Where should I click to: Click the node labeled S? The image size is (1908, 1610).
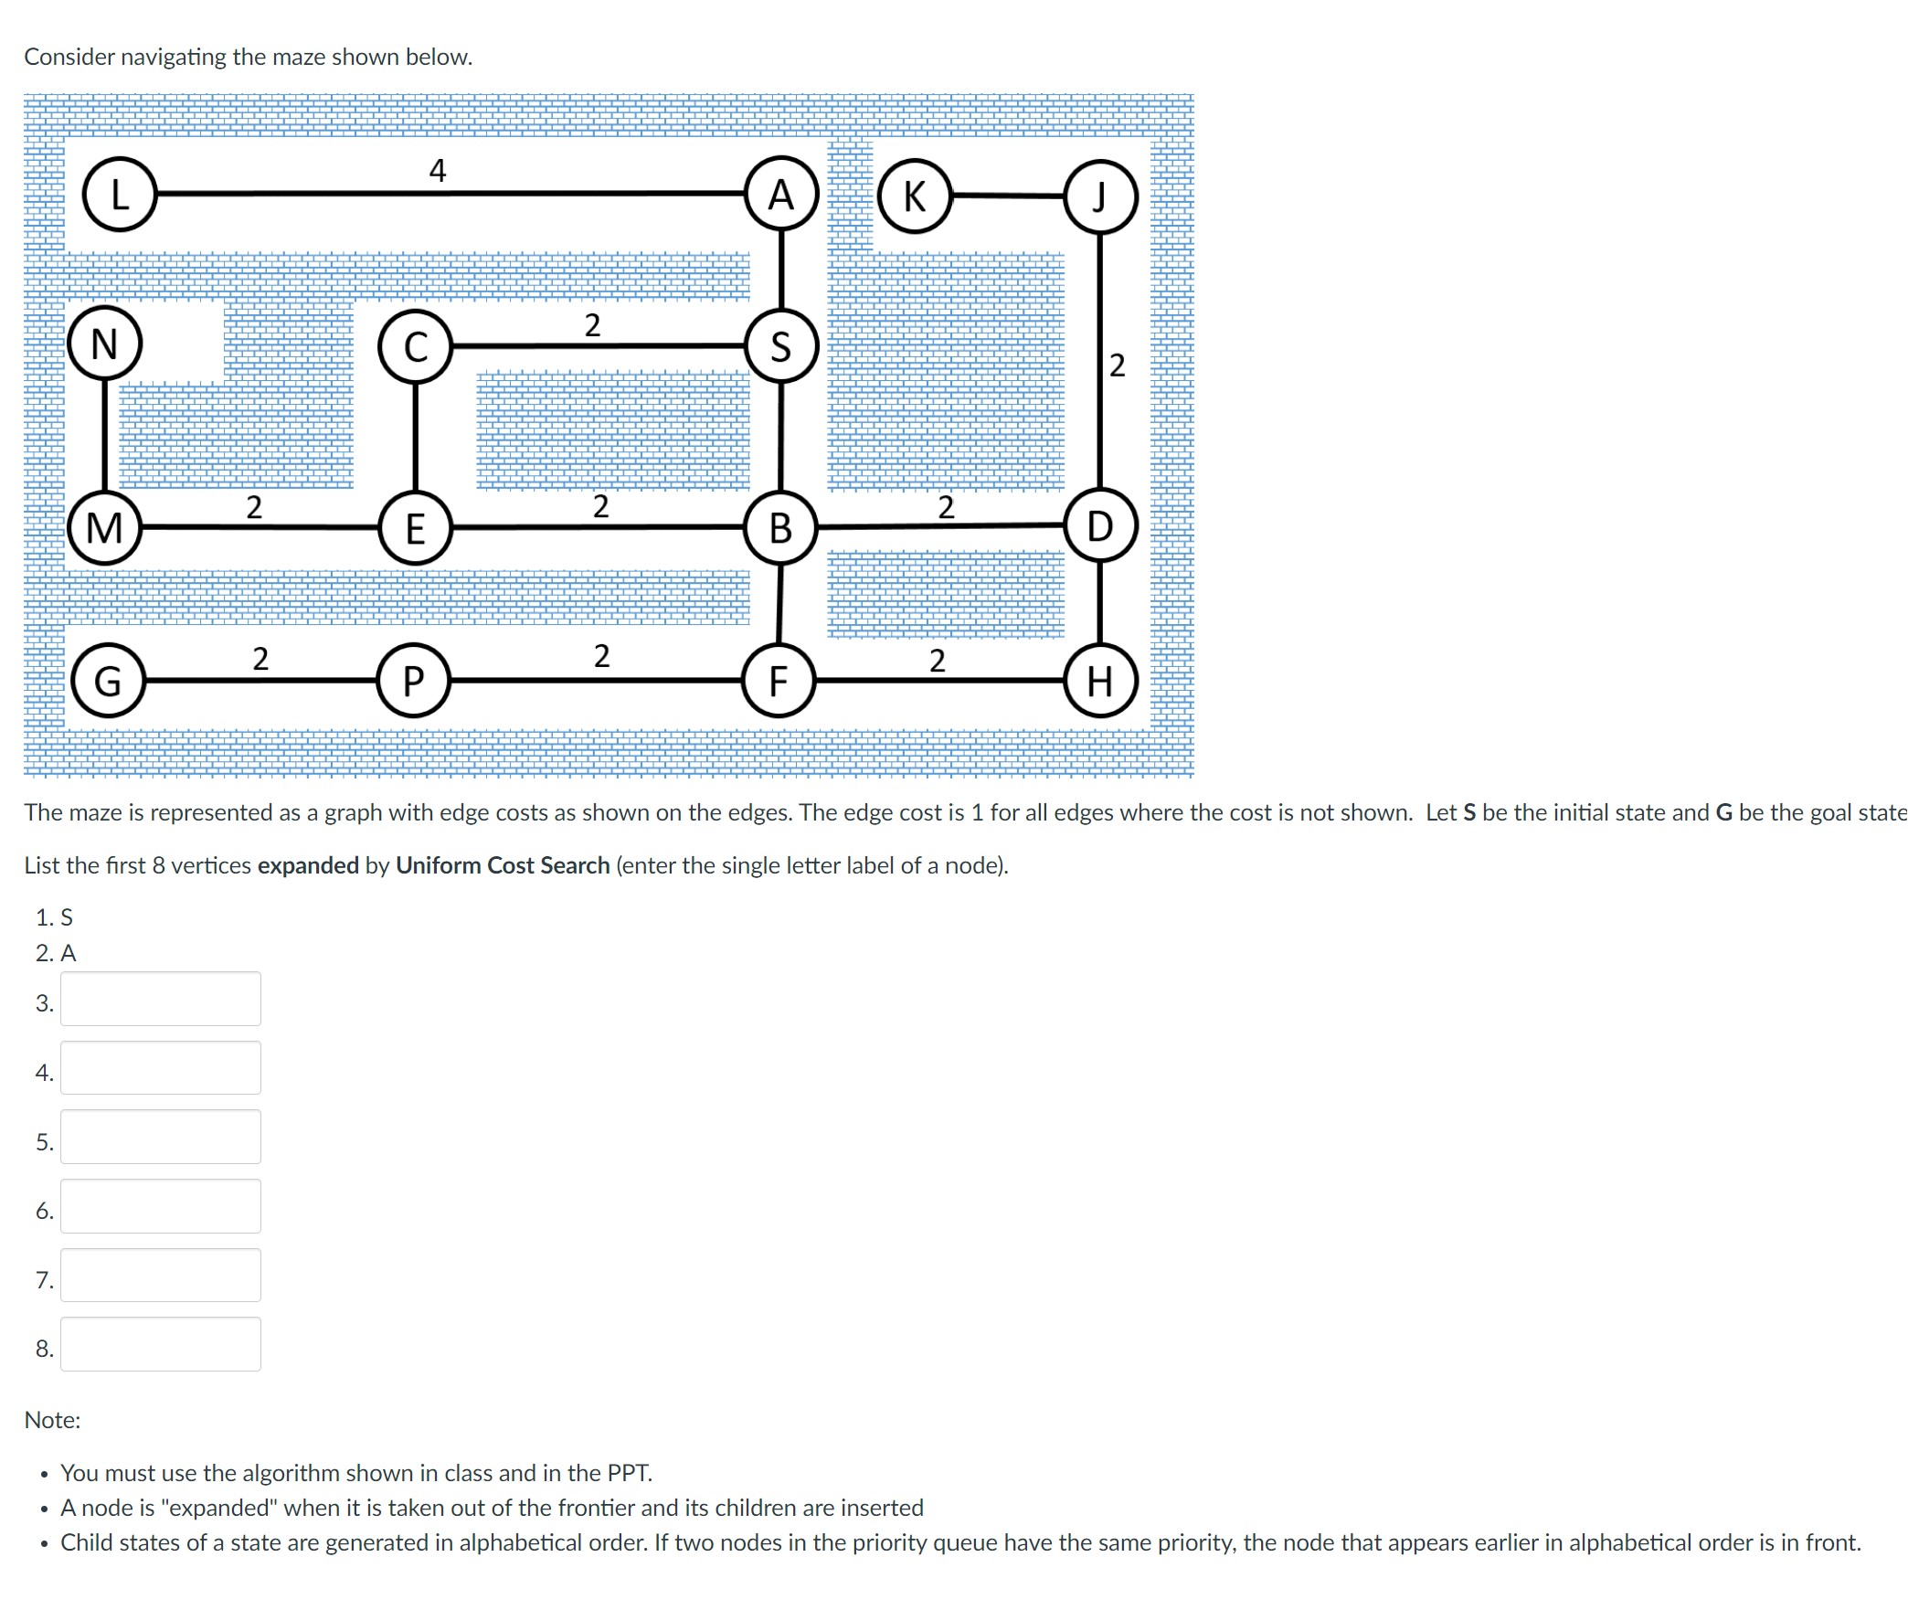click(x=781, y=346)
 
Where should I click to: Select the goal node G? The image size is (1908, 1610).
click(x=108, y=681)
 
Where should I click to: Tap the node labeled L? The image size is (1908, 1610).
click(x=120, y=194)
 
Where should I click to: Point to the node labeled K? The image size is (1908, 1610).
click(x=915, y=196)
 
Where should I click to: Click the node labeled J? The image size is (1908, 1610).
click(x=1100, y=196)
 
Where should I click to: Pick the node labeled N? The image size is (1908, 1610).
click(x=104, y=344)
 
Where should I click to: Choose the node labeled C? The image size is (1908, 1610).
click(x=416, y=346)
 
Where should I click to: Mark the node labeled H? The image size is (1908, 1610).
click(x=1100, y=681)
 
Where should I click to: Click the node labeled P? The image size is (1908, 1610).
click(x=414, y=681)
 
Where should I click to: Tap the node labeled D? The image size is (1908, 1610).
click(x=1100, y=526)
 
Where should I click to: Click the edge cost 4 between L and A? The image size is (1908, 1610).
click(x=438, y=170)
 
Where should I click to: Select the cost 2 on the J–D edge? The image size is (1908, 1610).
click(x=1117, y=365)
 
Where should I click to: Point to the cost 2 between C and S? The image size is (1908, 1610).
click(x=592, y=325)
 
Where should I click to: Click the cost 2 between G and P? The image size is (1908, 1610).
click(x=260, y=658)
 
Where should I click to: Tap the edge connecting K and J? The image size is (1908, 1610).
click(x=1008, y=196)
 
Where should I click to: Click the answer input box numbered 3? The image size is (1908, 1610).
click(x=161, y=999)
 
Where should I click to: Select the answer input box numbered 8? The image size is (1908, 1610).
click(x=161, y=1344)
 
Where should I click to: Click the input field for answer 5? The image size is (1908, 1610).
click(x=161, y=1137)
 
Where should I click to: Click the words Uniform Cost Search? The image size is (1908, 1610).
click(x=503, y=865)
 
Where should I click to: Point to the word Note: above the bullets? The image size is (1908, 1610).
click(x=52, y=1420)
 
